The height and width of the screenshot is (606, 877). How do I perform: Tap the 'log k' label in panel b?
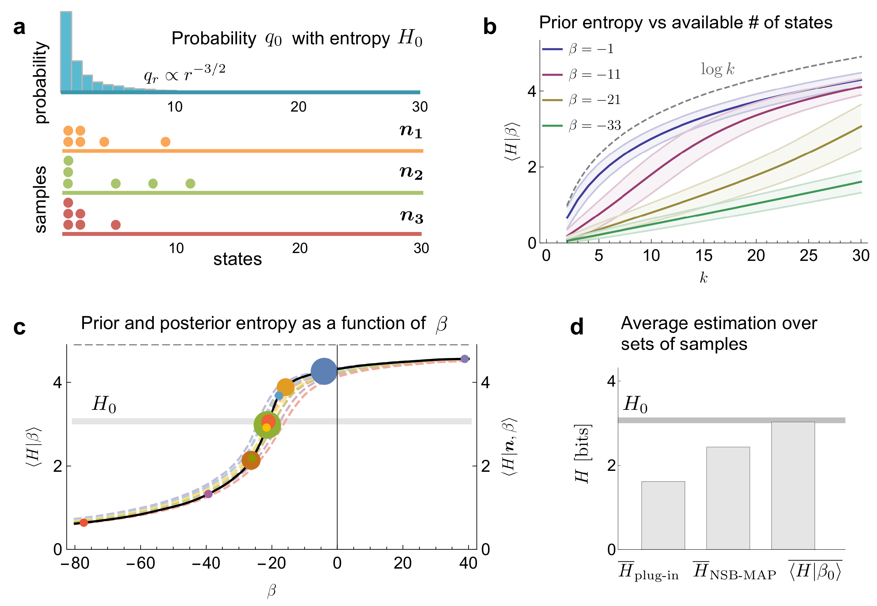(717, 69)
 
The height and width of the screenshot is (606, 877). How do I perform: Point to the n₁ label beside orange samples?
(411, 131)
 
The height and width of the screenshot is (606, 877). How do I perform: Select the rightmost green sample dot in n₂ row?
(190, 184)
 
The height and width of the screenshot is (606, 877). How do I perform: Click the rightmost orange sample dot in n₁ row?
(165, 142)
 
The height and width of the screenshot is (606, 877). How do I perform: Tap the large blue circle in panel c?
(324, 371)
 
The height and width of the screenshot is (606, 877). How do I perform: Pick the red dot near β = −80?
(84, 523)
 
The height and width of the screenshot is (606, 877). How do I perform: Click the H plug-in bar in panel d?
(663, 515)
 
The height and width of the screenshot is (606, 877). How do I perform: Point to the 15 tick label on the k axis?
(703, 256)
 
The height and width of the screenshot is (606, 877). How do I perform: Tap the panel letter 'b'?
(490, 27)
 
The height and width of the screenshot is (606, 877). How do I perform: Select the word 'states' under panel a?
(237, 259)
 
